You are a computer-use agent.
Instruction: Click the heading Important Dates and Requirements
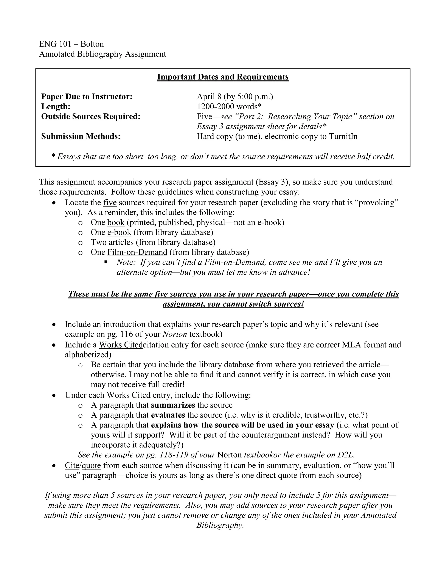223,77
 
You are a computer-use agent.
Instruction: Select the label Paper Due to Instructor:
87,97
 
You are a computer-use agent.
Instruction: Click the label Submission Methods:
81,136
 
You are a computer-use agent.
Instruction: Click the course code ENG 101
55,44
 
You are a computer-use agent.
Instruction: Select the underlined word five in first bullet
110,203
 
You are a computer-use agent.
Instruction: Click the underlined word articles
121,242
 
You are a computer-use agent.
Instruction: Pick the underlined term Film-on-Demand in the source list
137,252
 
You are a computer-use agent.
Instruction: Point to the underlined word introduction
124,325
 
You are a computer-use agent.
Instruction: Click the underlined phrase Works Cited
121,345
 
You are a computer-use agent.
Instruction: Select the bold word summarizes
173,405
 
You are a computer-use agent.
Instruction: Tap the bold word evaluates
168,415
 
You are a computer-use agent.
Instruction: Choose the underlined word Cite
72,465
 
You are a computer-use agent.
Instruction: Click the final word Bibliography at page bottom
220,525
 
